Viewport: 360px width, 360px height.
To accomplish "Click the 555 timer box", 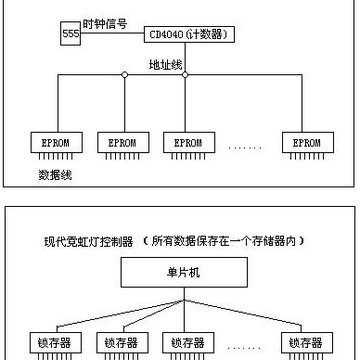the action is pyautogui.click(x=70, y=33).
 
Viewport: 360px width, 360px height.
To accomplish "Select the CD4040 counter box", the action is pyautogui.click(x=189, y=35).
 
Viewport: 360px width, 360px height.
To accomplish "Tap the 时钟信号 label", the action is pyautogui.click(x=105, y=24).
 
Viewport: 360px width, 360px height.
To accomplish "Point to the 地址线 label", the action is pyautogui.click(x=165, y=65).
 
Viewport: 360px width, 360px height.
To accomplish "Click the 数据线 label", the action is pyautogui.click(x=55, y=175).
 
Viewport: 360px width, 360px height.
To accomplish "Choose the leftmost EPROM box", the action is pyautogui.click(x=56, y=143).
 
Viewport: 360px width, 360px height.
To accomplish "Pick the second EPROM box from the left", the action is pyautogui.click(x=123, y=143).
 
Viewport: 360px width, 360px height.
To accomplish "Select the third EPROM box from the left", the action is pyautogui.click(x=189, y=143).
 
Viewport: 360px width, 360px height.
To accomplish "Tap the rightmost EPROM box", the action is pyautogui.click(x=308, y=143).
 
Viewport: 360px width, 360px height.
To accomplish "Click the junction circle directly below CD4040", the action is pyautogui.click(x=185, y=75).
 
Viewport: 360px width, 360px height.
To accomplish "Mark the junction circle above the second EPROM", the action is pyautogui.click(x=125, y=75).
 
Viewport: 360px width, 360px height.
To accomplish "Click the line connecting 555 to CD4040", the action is pyautogui.click(x=112, y=33).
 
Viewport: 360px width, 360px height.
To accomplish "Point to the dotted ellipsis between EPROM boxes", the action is pyautogui.click(x=245, y=147).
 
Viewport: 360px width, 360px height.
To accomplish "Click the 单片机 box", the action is pyautogui.click(x=184, y=272).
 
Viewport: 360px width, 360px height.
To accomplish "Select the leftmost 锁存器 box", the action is pyautogui.click(x=56, y=342).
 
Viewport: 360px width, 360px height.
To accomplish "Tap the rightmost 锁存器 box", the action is pyautogui.click(x=307, y=342).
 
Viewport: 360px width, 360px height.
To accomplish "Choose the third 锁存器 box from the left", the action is pyautogui.click(x=188, y=342).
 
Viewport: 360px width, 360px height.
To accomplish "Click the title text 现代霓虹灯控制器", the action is pyautogui.click(x=89, y=242).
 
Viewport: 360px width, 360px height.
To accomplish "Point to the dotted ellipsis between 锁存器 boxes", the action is pyautogui.click(x=244, y=348).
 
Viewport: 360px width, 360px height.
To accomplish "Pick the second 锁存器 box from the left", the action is pyautogui.click(x=122, y=342).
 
